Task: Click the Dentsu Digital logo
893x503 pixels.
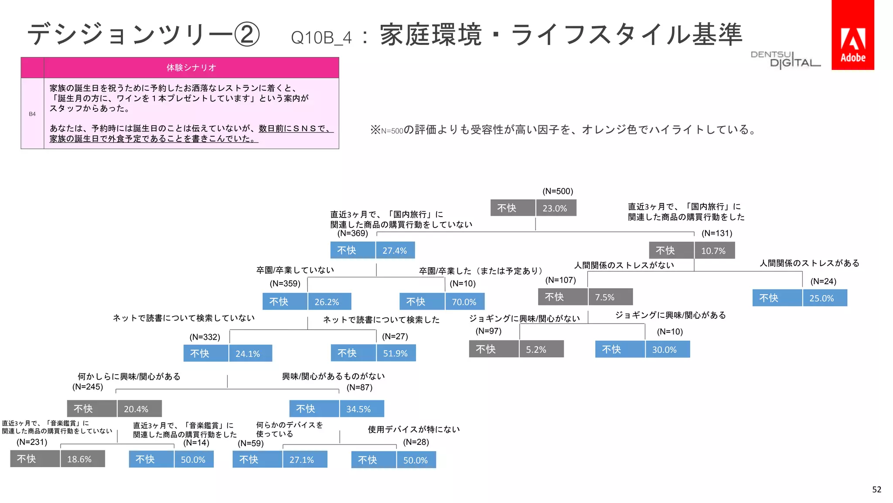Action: tap(785, 59)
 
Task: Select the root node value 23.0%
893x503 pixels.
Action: tap(556, 208)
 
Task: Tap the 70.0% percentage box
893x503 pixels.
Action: tap(464, 302)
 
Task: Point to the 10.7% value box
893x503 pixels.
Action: tap(714, 251)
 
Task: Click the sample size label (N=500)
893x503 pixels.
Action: tap(558, 191)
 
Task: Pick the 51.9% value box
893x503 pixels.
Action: tap(395, 353)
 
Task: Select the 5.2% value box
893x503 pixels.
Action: tap(541, 349)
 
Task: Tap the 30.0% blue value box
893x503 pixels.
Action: tap(667, 350)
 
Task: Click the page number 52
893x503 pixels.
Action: tap(876, 490)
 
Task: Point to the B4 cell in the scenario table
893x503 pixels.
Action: tap(32, 114)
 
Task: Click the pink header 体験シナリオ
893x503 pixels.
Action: tap(191, 68)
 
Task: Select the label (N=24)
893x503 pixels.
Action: tap(823, 282)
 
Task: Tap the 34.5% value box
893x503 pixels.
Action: tap(361, 409)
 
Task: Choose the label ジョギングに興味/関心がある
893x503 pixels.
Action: tap(670, 315)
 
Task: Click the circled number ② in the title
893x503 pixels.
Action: tap(247, 34)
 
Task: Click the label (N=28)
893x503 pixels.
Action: tap(416, 442)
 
